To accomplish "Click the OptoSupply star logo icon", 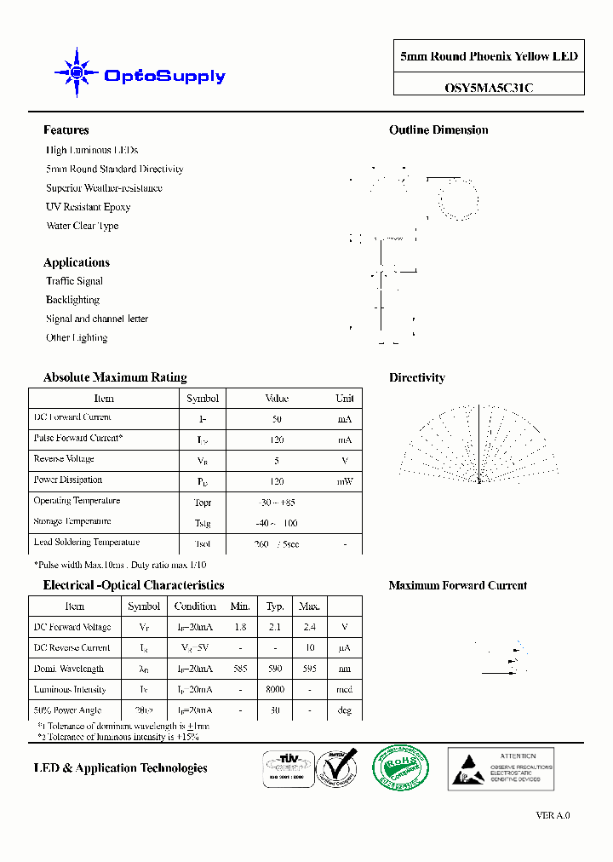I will pyautogui.click(x=76, y=74).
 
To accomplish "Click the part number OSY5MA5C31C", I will pyautogui.click(x=489, y=87).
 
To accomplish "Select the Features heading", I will pyautogui.click(x=66, y=130).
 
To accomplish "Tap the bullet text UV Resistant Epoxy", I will pyautogui.click(x=88, y=207).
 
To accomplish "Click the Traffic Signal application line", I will pyautogui.click(x=74, y=281).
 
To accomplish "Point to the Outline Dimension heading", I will pyautogui.click(x=438, y=130).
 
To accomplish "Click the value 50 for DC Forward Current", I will pyautogui.click(x=277, y=419).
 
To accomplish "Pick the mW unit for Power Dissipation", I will pyautogui.click(x=344, y=481).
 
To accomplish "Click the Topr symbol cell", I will pyautogui.click(x=203, y=503).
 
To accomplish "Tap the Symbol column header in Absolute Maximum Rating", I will pyautogui.click(x=203, y=399).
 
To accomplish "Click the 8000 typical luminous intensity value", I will pyautogui.click(x=275, y=690).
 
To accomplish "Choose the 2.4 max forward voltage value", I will pyautogui.click(x=309, y=628).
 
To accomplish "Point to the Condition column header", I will pyautogui.click(x=195, y=606).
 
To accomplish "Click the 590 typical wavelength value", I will pyautogui.click(x=275, y=669).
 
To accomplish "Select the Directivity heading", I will pyautogui.click(x=416, y=378).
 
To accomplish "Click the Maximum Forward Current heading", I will pyautogui.click(x=457, y=586).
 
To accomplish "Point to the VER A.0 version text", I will pyautogui.click(x=553, y=815).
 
